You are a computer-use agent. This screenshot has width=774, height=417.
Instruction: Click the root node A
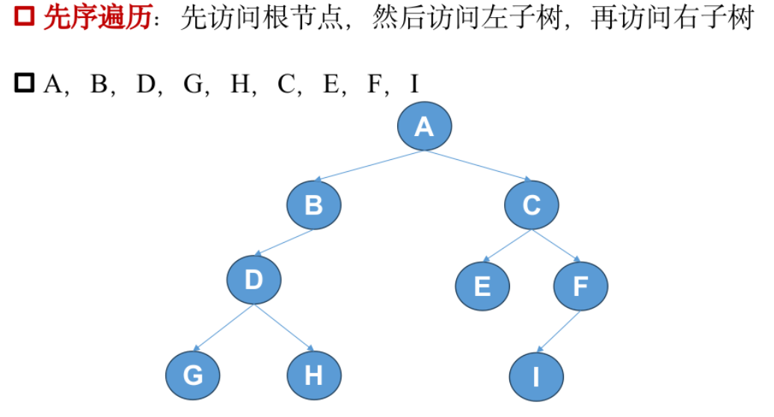coord(424,127)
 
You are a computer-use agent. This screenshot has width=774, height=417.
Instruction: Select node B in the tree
coord(314,205)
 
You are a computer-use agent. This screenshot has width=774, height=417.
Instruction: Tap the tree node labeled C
coord(532,205)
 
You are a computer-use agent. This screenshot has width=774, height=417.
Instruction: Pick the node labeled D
coord(254,279)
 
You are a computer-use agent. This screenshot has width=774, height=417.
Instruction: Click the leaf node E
coord(482,285)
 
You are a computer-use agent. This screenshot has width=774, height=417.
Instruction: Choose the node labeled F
coord(581,285)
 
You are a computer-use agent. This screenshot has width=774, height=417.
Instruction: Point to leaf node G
coord(193,374)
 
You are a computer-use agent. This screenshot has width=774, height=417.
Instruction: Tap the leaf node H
coord(314,374)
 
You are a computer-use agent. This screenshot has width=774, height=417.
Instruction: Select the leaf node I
coord(536,376)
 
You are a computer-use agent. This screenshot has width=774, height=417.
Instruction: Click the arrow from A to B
coord(369,166)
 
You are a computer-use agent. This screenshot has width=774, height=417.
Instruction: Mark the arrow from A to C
coord(478,166)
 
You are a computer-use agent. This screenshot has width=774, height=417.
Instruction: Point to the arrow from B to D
coord(284,242)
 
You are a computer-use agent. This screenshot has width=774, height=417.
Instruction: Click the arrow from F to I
coord(559,330)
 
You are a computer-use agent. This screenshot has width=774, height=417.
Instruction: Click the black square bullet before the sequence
coord(24,83)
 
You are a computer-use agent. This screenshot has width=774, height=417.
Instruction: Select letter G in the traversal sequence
coord(193,84)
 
